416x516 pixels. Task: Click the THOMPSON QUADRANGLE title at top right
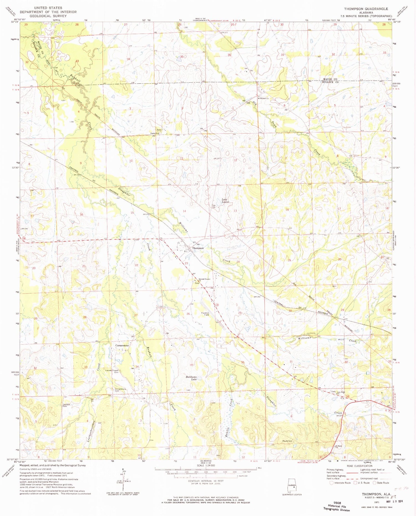[x=366, y=9]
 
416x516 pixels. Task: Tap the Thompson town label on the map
[x=198, y=248]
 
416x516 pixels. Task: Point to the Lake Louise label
[x=225, y=201]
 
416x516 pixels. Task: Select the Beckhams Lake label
[x=191, y=378]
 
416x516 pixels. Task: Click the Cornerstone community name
[x=122, y=346]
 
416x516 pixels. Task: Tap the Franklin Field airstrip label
[x=205, y=314]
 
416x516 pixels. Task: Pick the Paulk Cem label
[x=287, y=441]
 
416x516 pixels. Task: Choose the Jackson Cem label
[x=66, y=405]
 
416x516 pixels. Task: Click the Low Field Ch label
[x=341, y=393]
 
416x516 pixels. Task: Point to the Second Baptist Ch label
[x=204, y=279]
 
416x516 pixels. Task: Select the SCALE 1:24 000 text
[x=206, y=466]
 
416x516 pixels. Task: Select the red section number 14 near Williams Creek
[x=184, y=211]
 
